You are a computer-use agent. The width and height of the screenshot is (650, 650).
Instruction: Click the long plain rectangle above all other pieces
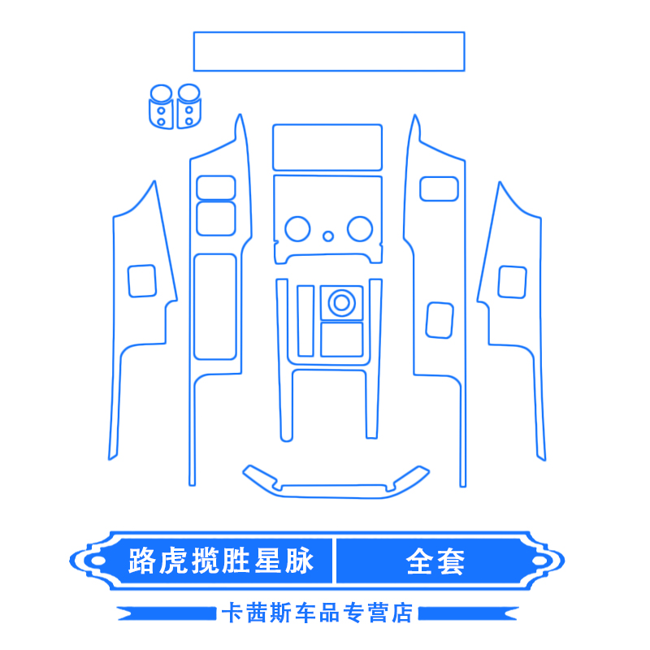[x=328, y=51]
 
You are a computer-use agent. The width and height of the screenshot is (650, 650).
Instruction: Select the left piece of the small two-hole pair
[x=161, y=106]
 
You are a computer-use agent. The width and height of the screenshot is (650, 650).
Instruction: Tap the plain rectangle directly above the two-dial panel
[x=327, y=146]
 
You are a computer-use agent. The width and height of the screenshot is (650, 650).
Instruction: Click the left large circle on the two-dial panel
[x=297, y=229]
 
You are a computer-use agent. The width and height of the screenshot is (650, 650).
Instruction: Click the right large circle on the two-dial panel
[x=359, y=229]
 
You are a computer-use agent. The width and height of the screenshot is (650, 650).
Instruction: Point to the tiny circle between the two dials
[x=328, y=236]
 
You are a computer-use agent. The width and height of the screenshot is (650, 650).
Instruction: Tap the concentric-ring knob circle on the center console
[x=340, y=303]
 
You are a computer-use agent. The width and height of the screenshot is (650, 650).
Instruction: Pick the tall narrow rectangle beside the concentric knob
[x=305, y=320]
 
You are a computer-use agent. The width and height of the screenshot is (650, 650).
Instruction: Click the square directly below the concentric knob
[x=341, y=339]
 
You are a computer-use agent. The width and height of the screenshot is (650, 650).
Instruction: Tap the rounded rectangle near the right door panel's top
[x=439, y=188]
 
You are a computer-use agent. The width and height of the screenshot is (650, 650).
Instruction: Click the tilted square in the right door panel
[x=440, y=319]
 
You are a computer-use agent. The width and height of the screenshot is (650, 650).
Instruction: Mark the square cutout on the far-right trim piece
[x=512, y=281]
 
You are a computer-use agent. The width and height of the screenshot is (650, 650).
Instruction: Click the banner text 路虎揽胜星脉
[x=220, y=561]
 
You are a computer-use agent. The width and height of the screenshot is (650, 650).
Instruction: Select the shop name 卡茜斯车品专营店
[x=317, y=612]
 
